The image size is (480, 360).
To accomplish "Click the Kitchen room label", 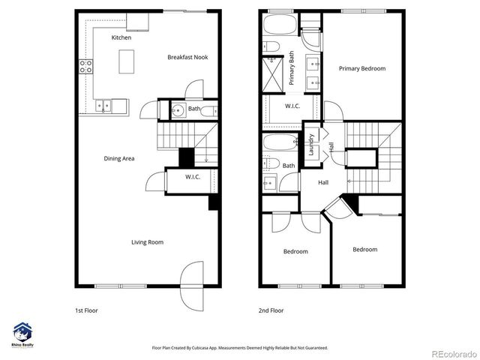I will (x=121, y=37).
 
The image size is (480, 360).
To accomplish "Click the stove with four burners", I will (x=86, y=66).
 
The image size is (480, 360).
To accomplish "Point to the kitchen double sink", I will (x=106, y=106).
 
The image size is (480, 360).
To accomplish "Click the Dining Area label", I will (x=118, y=158).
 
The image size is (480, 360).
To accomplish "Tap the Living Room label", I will (x=147, y=242).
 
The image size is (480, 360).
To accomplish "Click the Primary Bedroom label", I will (x=361, y=69).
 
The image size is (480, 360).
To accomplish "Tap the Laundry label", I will (x=311, y=143).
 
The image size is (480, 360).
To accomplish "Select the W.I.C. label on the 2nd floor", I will (x=292, y=106).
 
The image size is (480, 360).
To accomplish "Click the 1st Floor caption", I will (x=86, y=310).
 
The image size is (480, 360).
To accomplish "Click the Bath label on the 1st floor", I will (x=194, y=109).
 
